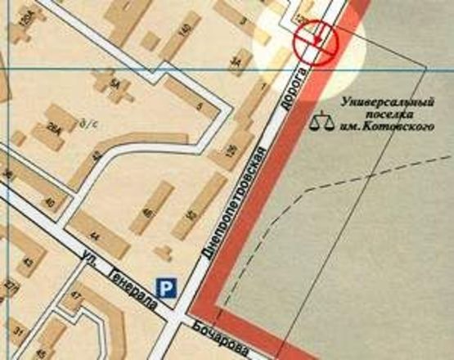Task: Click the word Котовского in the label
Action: click(x=406, y=128)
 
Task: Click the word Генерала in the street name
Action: click(x=128, y=274)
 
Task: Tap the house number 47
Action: click(x=77, y=295)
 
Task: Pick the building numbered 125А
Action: click(x=304, y=17)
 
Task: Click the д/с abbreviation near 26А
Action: click(x=82, y=125)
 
